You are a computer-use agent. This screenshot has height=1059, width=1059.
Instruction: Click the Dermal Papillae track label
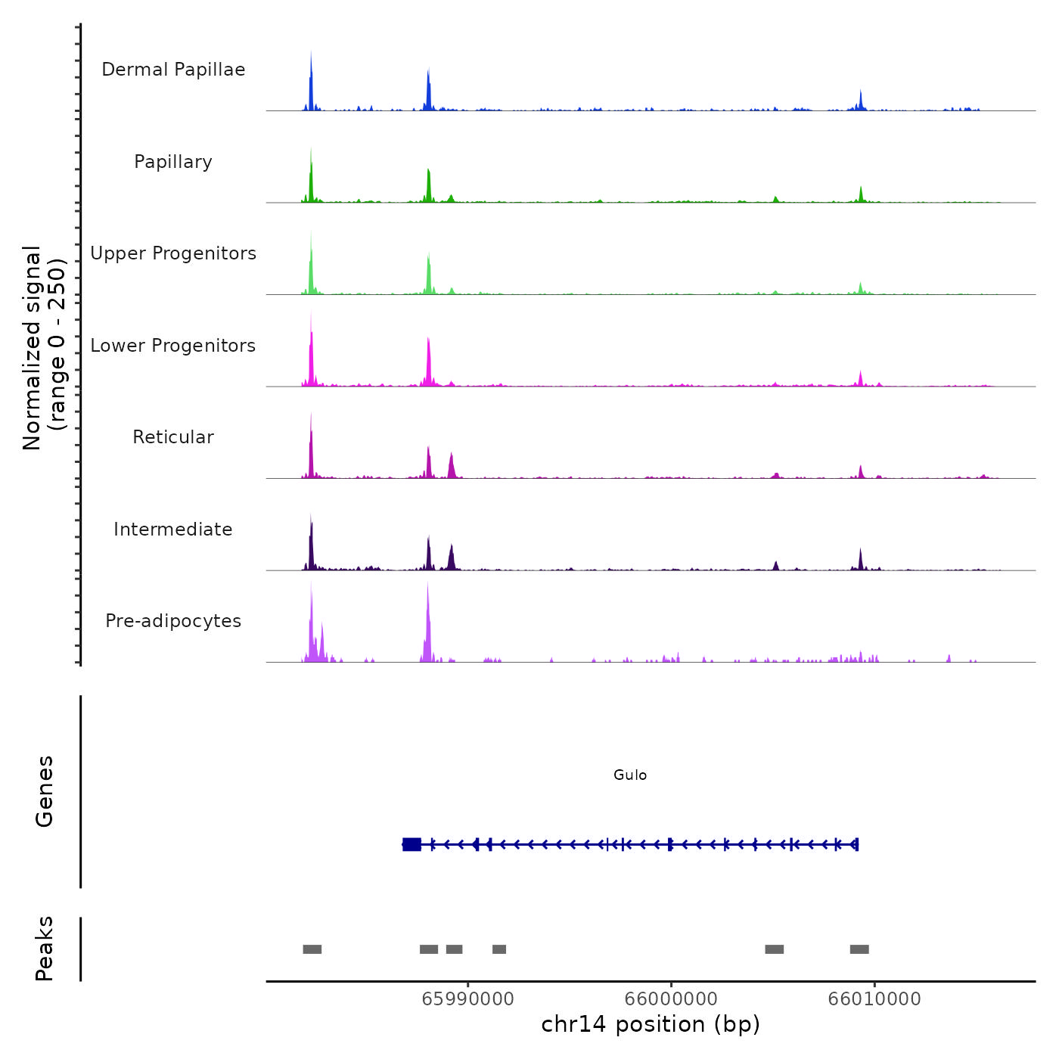pos(173,70)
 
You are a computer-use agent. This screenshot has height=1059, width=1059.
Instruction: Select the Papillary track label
pos(173,162)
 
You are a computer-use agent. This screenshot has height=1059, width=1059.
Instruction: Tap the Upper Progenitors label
pos(173,253)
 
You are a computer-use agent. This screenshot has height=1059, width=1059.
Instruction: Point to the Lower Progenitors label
pos(173,346)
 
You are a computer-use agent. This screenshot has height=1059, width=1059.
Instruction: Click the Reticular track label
pos(173,437)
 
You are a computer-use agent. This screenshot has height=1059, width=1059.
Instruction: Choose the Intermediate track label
pos(173,529)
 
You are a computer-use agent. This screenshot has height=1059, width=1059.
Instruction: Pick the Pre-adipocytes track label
pos(173,621)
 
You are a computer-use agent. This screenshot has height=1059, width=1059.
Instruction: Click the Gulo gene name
pos(630,775)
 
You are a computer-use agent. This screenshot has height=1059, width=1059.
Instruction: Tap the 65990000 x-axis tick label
pos(467,998)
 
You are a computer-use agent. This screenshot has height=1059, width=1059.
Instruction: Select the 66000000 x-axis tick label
pos(671,998)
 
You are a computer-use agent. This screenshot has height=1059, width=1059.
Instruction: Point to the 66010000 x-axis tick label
pos(874,998)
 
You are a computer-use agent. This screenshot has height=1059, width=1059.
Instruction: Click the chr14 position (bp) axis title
pos(651,1024)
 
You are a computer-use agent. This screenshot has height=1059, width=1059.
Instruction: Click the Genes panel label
pos(45,791)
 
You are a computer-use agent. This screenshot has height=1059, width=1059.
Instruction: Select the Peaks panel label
pos(45,949)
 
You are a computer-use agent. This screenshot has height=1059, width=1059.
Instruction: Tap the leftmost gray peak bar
pos(312,949)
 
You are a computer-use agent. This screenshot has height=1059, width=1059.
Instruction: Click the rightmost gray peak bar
pos(859,949)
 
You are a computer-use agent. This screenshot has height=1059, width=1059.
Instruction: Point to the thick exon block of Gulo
pos(411,844)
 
